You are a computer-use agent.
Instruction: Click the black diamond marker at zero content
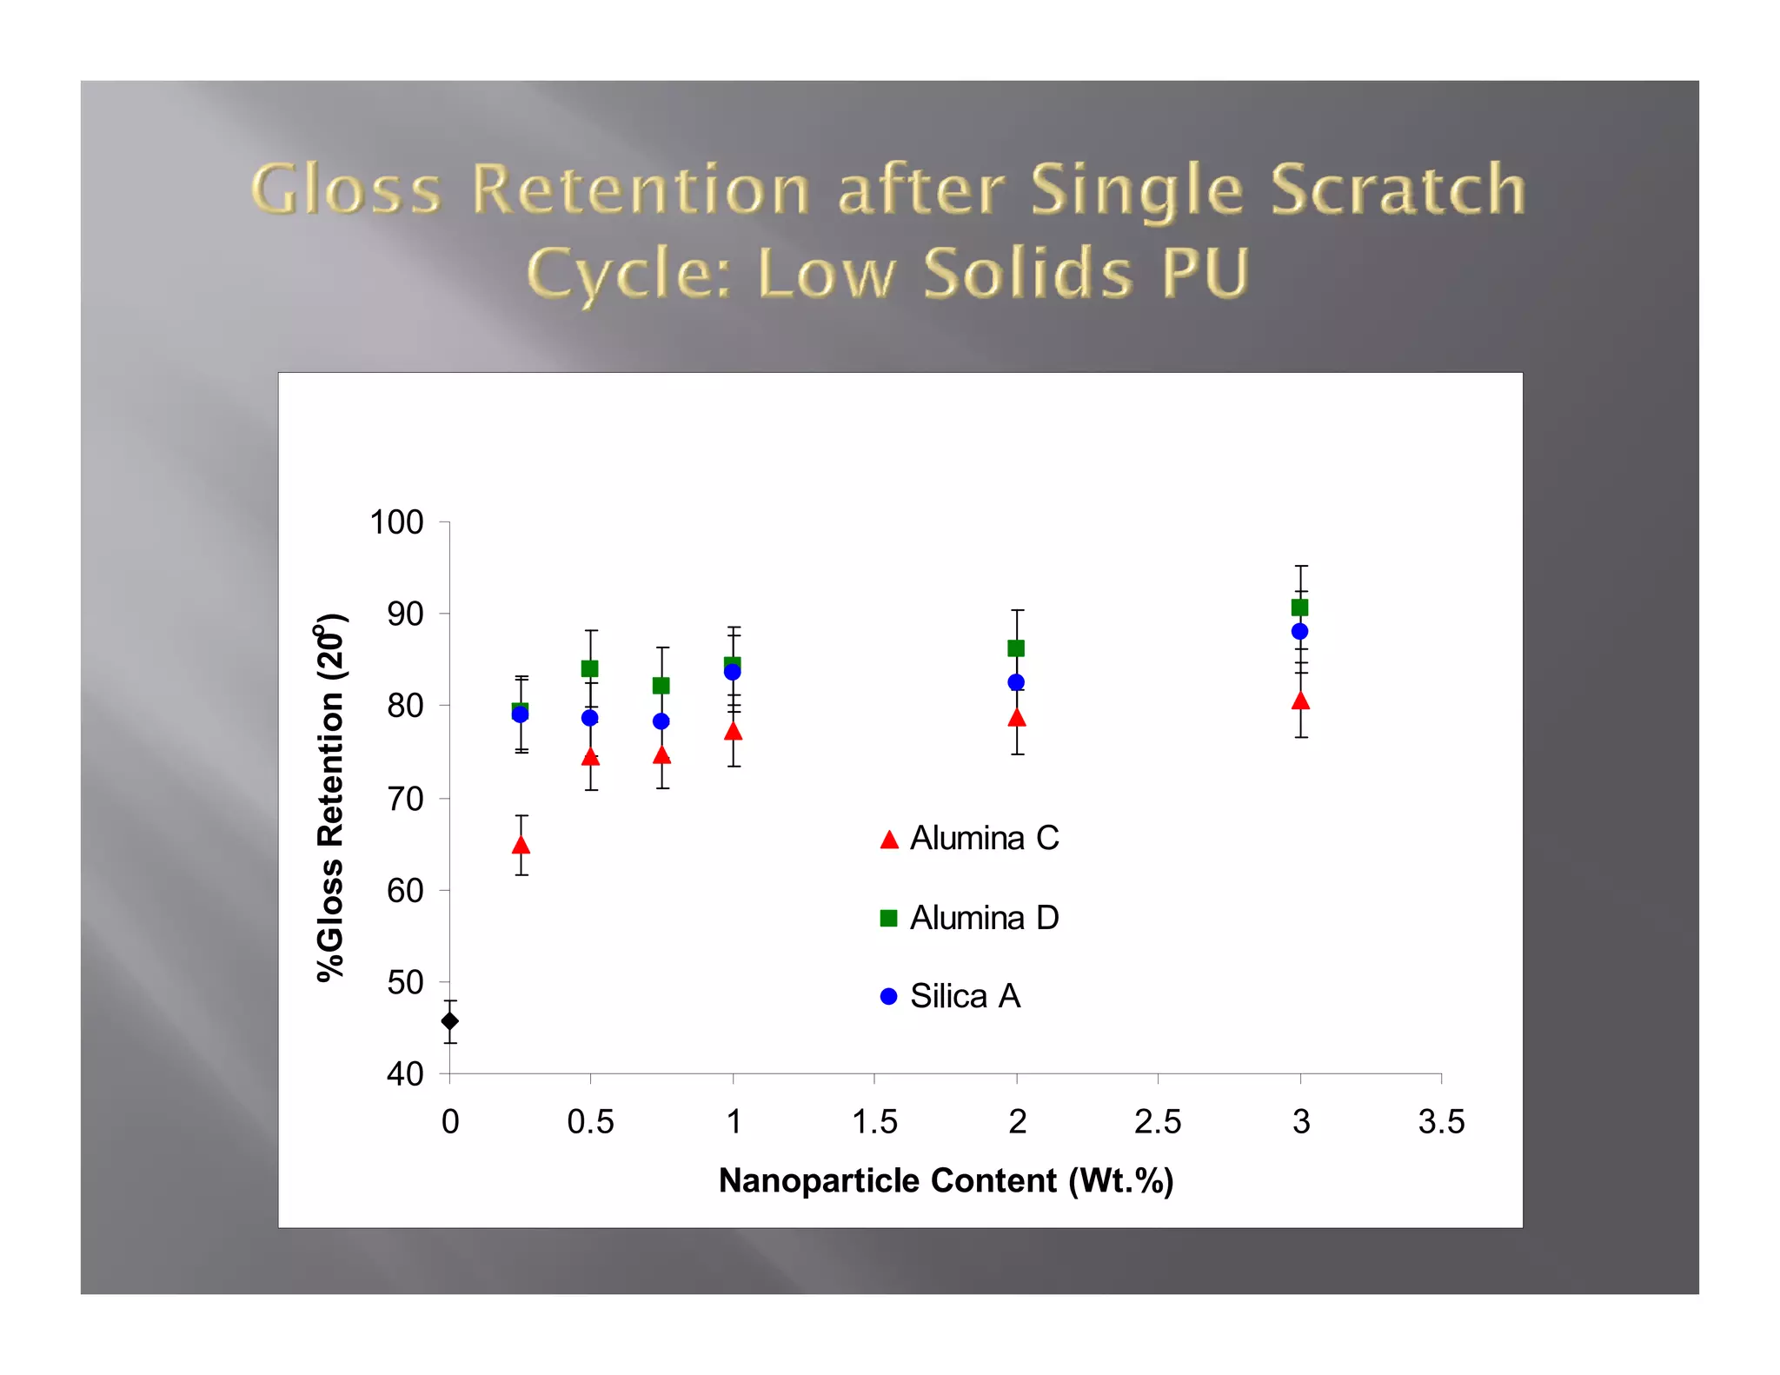[449, 1021]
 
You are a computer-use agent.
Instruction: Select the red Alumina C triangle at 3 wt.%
[1300, 701]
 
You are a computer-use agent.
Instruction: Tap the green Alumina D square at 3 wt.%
[1299, 608]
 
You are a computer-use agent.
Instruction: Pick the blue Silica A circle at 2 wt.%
[1016, 682]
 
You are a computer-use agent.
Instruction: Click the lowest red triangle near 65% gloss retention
[521, 846]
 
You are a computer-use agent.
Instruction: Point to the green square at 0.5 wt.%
[590, 668]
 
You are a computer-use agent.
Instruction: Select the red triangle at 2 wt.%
[1017, 718]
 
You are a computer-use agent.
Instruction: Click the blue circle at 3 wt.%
[1299, 631]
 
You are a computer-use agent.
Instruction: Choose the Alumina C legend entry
[971, 839]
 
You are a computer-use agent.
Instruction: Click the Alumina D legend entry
[971, 918]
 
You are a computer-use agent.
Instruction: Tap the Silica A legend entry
[952, 996]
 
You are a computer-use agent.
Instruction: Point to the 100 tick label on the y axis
[396, 522]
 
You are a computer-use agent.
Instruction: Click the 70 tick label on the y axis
[405, 798]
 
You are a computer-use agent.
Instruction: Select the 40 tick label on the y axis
[405, 1074]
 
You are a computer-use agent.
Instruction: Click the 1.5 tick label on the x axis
[874, 1122]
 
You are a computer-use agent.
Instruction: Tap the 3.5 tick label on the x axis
[1441, 1122]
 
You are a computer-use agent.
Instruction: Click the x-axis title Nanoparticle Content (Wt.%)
[946, 1180]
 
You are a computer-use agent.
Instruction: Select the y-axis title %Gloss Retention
[330, 797]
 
